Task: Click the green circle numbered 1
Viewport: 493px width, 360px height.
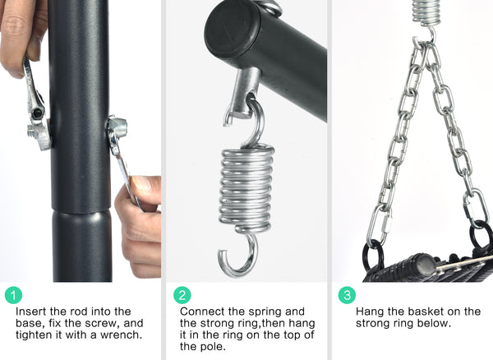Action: coord(13,295)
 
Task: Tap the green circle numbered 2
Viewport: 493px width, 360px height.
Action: coord(182,295)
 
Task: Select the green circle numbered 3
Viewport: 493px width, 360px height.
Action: coord(347,295)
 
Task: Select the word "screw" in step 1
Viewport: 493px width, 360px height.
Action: coord(99,323)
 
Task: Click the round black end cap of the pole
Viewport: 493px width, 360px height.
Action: coord(232,29)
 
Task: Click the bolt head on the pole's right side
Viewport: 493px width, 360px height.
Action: coord(117,127)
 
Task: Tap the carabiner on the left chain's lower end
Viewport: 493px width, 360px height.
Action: coord(382,224)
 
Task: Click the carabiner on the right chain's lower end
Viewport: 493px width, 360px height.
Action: coord(475,206)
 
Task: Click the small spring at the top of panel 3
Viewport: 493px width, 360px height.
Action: coord(426,12)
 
